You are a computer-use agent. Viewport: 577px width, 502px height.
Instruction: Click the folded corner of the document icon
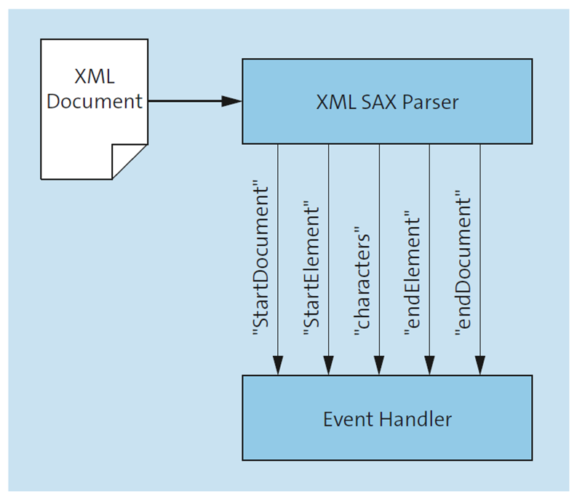[128, 161]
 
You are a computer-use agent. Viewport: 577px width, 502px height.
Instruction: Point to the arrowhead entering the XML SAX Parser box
[231, 101]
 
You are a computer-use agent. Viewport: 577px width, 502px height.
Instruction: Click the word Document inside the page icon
[95, 101]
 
